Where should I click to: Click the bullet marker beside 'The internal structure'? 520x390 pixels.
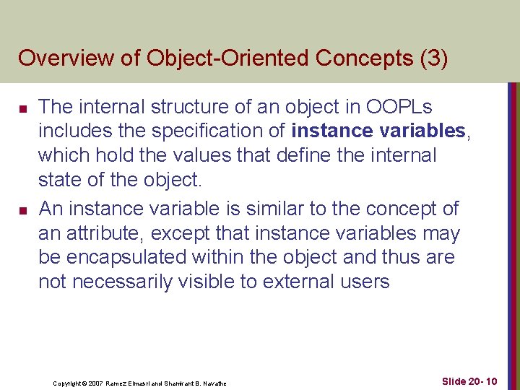(23, 109)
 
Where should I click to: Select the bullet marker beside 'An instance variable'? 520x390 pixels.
(23, 210)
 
